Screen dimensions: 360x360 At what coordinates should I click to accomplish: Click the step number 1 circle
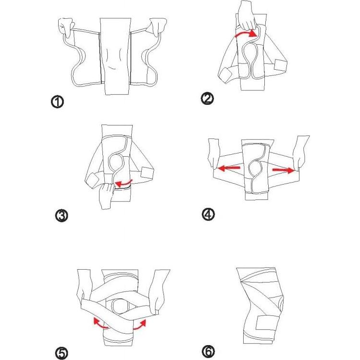pos(58,102)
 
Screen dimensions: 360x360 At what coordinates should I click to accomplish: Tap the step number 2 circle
pos(208,99)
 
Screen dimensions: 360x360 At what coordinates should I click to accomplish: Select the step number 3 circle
pos(62,216)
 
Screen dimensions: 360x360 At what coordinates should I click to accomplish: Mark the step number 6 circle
pos(208,352)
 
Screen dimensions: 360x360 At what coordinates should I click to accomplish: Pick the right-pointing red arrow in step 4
pos(283,169)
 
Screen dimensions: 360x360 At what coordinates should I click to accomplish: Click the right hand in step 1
pos(157,27)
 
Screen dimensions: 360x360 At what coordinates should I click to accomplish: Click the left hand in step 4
pos(213,153)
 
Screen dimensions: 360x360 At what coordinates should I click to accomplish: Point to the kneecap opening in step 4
pos(256,168)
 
